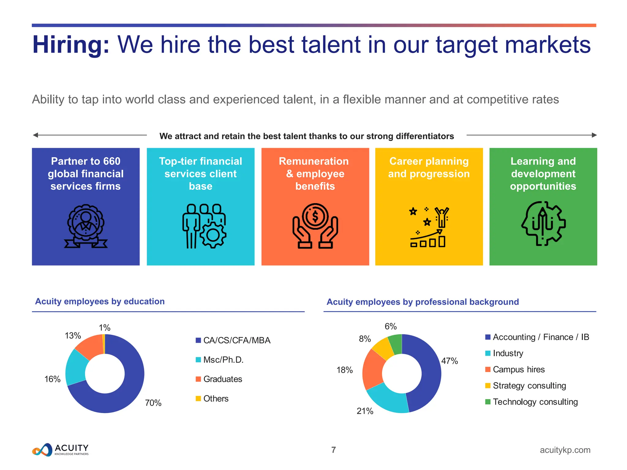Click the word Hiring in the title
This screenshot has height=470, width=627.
[x=71, y=45]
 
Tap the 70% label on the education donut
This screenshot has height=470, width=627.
[x=153, y=403]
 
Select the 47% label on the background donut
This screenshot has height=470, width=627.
[x=449, y=361]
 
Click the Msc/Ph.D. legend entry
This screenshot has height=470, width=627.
[x=223, y=360]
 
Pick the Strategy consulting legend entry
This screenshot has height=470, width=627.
[x=529, y=386]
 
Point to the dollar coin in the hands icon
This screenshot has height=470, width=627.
[x=315, y=216]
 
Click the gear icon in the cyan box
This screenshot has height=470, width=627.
[x=213, y=235]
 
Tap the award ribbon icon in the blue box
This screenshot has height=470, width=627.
[x=86, y=226]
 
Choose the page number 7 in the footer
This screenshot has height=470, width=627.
[x=333, y=450]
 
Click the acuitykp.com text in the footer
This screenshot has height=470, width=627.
[x=565, y=450]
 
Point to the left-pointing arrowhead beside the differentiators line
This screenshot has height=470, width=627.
[x=36, y=135]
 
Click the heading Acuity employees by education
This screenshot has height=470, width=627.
[x=100, y=301]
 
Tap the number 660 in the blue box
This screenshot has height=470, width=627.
[x=111, y=161]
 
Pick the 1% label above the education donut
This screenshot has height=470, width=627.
[x=104, y=328]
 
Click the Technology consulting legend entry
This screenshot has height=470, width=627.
[x=535, y=402]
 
